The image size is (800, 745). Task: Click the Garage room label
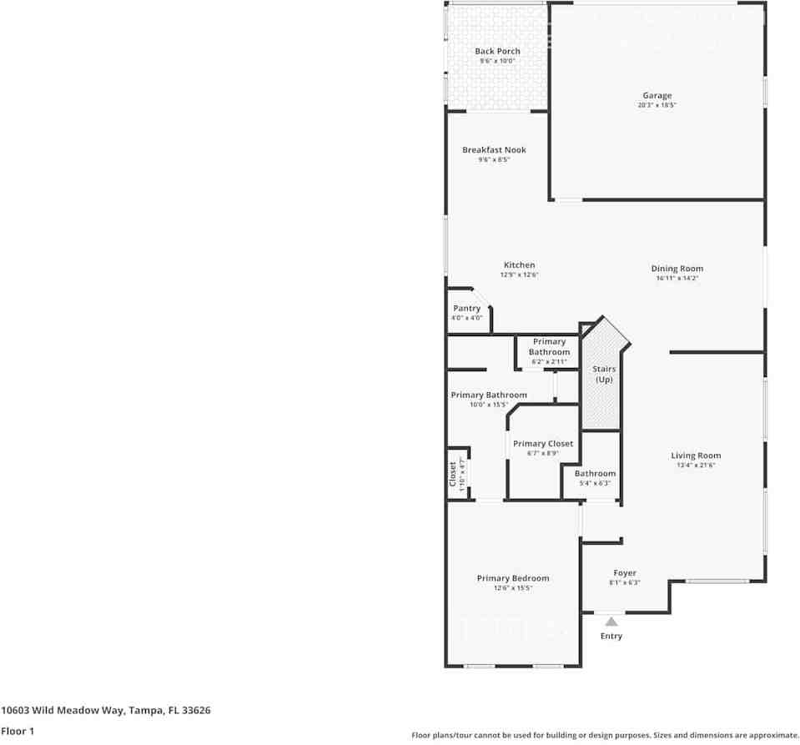pos(657,96)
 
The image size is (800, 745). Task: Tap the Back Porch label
pos(497,52)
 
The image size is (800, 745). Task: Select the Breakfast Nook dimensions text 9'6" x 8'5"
pos(494,159)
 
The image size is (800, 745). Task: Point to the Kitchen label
pos(519,265)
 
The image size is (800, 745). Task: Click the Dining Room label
pos(677,269)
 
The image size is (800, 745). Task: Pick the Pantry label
pos(466,309)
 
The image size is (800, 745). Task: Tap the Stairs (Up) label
pos(604,374)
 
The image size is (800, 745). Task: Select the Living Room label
pos(696,456)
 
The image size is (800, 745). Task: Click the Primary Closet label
pos(542,444)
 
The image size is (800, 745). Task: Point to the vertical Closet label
pos(453,474)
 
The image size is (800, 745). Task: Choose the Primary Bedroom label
pos(513,578)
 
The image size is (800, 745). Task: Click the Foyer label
pos(625,573)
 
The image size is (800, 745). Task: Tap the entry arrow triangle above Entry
pos(611,622)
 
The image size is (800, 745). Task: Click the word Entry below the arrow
pos(611,636)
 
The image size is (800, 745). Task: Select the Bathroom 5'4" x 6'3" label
pos(595,474)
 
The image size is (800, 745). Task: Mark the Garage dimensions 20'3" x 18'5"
pos(657,105)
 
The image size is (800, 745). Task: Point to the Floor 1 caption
pos(18,731)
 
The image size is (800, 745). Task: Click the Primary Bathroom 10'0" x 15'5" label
pos(488,395)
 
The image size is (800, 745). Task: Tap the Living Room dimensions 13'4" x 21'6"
pos(696,466)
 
